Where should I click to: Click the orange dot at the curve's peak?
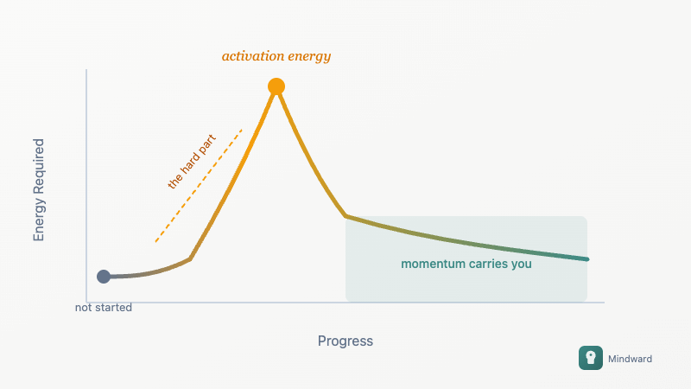pyautogui.click(x=276, y=86)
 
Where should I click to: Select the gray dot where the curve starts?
pyautogui.click(x=104, y=277)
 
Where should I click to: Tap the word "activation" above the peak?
pyautogui.click(x=252, y=56)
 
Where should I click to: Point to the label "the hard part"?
pyautogui.click(x=191, y=161)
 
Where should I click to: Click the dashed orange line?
pyautogui.click(x=199, y=186)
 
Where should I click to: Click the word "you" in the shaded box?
pyautogui.click(x=522, y=265)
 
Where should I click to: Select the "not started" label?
pyautogui.click(x=104, y=308)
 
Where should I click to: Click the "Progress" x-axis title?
pyautogui.click(x=345, y=341)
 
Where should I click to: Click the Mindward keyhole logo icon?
pyautogui.click(x=591, y=358)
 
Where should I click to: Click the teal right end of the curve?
pyautogui.click(x=586, y=258)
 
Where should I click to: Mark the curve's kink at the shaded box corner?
pyautogui.click(x=345, y=215)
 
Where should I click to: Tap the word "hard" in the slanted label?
pyautogui.click(x=192, y=160)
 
